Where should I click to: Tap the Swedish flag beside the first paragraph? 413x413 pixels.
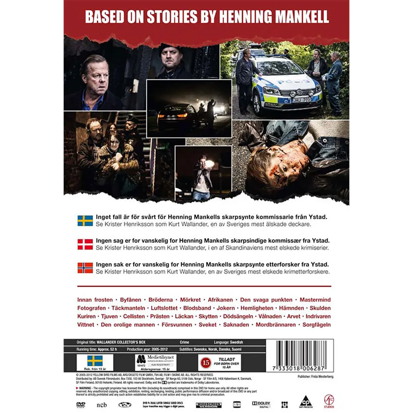(85, 220)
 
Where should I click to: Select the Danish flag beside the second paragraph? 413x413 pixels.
(85, 244)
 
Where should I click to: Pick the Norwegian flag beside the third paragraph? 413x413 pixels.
(85, 268)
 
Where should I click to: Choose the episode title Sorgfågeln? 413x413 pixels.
(316, 325)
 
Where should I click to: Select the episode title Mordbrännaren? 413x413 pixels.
(276, 325)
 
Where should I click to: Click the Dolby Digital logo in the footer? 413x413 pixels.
(261, 404)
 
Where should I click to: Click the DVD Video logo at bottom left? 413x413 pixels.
(81, 404)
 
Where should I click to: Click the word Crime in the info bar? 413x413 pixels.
(186, 342)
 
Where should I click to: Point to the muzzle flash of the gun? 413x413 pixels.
(209, 164)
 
